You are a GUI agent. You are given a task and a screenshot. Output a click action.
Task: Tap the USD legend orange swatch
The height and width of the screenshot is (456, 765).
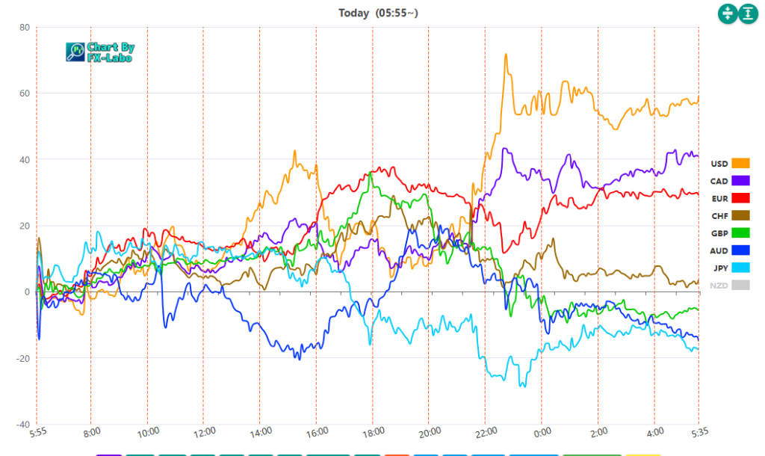tap(740, 163)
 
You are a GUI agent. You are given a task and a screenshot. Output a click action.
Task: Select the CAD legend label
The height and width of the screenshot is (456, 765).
tap(719, 181)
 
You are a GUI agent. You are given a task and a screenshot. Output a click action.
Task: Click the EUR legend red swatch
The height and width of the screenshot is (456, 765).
tap(740, 198)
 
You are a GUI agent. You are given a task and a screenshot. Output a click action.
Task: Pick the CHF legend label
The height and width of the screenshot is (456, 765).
tap(719, 216)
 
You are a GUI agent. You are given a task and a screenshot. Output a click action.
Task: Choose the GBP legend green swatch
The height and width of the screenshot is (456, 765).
tap(740, 233)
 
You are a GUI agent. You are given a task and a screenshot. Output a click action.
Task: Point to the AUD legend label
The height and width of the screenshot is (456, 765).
tap(719, 251)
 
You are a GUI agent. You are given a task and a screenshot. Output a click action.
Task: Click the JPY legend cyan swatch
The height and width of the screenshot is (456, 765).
tap(740, 268)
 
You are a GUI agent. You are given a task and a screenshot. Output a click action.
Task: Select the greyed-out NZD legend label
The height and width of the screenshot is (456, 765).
tap(719, 286)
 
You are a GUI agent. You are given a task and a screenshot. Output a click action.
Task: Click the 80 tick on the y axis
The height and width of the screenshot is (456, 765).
tap(24, 28)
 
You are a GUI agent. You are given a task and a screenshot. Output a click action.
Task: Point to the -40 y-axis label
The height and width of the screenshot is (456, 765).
tap(22, 425)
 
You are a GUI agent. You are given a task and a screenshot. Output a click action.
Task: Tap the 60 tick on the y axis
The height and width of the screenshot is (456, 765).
tap(24, 93)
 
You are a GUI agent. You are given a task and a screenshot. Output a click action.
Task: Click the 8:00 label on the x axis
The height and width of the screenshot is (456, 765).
tap(90, 432)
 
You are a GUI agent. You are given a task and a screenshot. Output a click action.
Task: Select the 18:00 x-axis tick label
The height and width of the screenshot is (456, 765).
tap(373, 432)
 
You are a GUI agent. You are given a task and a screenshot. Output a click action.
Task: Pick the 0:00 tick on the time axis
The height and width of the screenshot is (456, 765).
tap(542, 432)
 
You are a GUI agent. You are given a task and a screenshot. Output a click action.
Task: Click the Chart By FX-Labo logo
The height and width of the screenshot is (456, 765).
tap(100, 52)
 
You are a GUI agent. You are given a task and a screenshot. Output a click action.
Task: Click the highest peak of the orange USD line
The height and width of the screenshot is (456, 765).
tap(506, 55)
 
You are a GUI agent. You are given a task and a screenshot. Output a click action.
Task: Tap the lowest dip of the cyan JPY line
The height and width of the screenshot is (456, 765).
tap(524, 386)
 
